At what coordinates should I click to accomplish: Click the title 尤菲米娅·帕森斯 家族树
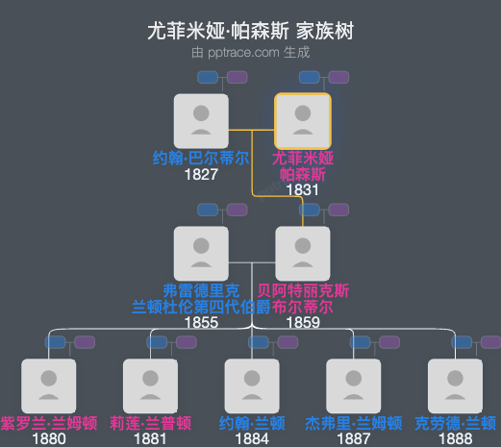(250, 31)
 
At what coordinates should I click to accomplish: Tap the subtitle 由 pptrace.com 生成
(250, 51)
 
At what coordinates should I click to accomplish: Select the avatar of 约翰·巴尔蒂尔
(201, 121)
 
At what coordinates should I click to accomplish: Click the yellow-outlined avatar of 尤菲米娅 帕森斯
(303, 121)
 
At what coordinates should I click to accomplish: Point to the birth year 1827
(201, 174)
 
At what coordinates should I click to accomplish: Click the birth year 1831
(303, 189)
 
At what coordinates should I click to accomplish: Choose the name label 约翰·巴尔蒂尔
(201, 158)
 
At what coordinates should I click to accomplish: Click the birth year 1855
(201, 322)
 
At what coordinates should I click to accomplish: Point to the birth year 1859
(303, 322)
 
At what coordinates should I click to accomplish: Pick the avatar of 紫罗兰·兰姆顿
(48, 385)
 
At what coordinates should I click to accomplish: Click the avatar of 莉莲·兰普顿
(150, 385)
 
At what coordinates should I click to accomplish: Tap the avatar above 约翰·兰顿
(252, 385)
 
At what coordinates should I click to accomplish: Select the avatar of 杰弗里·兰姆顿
(354, 385)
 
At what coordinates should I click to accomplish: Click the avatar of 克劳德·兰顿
(456, 385)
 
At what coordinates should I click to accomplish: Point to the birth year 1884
(252, 438)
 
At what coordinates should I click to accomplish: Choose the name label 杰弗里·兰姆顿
(354, 423)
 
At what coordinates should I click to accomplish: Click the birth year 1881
(150, 438)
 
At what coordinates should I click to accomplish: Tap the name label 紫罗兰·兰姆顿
(48, 423)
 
